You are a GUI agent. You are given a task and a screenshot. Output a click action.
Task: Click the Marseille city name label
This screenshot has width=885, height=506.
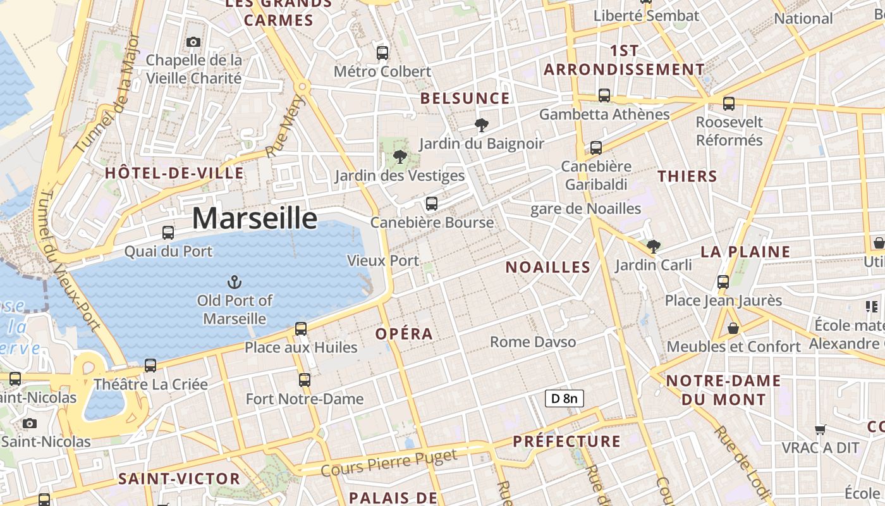(254, 218)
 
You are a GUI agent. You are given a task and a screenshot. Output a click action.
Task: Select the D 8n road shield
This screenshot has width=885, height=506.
(564, 398)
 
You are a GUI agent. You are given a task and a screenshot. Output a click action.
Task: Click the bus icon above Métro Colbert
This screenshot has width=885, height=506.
(382, 52)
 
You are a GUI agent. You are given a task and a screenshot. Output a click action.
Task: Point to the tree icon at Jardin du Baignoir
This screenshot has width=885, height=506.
(482, 125)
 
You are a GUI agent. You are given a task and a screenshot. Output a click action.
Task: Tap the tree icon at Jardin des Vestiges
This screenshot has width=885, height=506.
(399, 156)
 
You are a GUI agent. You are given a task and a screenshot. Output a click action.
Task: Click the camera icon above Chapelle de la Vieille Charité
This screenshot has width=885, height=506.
(193, 42)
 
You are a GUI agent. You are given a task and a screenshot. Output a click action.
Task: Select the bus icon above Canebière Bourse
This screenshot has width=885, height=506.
(432, 203)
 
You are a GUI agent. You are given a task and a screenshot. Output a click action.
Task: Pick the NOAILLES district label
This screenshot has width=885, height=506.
(548, 267)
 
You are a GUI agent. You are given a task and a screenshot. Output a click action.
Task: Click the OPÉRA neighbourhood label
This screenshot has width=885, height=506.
(404, 333)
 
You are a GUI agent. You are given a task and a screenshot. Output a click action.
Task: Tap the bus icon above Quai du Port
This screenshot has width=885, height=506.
(168, 232)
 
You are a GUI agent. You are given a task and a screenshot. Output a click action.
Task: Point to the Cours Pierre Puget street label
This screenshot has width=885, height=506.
(389, 464)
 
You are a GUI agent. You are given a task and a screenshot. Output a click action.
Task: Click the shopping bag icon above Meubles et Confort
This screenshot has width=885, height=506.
(733, 328)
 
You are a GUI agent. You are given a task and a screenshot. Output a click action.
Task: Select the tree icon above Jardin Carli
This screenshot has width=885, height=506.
(653, 246)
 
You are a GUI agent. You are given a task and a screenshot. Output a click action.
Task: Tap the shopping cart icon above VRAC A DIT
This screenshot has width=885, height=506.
(821, 429)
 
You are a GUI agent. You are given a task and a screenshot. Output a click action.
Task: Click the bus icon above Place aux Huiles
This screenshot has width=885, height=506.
(301, 328)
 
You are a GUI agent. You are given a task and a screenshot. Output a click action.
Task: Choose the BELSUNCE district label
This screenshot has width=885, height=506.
(465, 98)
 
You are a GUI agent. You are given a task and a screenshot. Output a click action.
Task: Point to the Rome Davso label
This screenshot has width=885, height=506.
(533, 342)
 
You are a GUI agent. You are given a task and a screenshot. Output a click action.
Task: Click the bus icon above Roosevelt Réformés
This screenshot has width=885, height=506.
(729, 103)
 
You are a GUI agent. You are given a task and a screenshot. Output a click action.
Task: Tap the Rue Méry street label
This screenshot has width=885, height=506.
(285, 126)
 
